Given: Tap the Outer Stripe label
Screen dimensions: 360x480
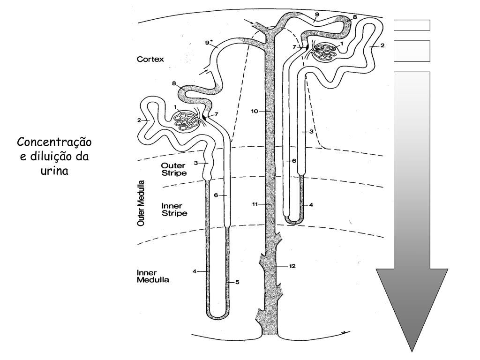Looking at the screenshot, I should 174,169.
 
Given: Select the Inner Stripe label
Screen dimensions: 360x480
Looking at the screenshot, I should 174,210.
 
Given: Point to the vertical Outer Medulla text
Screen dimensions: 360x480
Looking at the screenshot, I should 140,202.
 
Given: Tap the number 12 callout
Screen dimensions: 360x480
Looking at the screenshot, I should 292,266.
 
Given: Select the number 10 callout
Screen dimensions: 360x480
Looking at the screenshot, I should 254,111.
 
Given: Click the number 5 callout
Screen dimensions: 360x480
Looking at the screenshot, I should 237,282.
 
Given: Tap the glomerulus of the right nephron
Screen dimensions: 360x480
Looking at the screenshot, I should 324,52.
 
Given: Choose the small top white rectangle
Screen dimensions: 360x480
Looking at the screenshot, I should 412,25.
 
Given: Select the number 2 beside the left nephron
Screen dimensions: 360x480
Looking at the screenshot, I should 139,120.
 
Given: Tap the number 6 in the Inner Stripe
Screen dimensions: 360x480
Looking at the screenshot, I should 216,195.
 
